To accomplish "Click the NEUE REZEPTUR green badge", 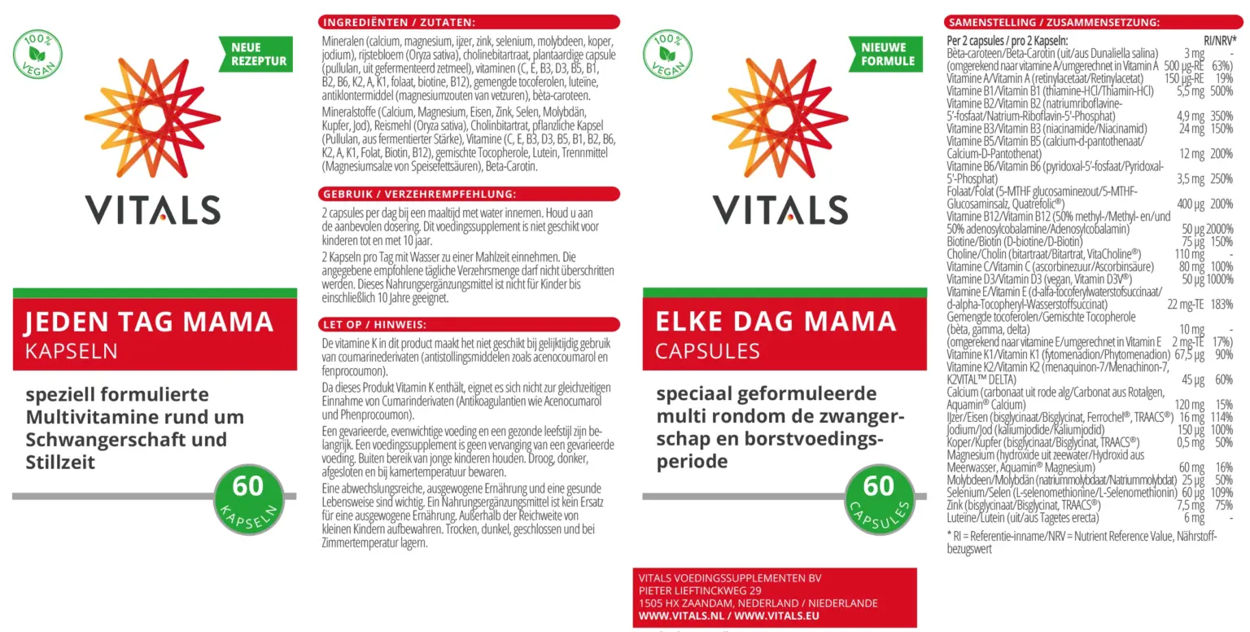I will pos(258,55).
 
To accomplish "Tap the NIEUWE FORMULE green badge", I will pos(887,55).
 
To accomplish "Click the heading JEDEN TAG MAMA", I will pos(149,323).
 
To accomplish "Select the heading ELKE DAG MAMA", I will pos(776,323).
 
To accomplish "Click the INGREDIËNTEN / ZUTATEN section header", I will pos(399,22).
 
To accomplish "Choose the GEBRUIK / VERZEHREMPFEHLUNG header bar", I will pos(418,195).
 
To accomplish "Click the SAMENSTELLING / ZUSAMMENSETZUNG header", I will pos(1055,22).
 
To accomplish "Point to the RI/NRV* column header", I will pos(1220,40).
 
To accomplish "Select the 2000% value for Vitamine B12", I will pos(1219,230).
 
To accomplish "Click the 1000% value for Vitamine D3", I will pos(1219,279).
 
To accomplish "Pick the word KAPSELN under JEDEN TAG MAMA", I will pos(72,351).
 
